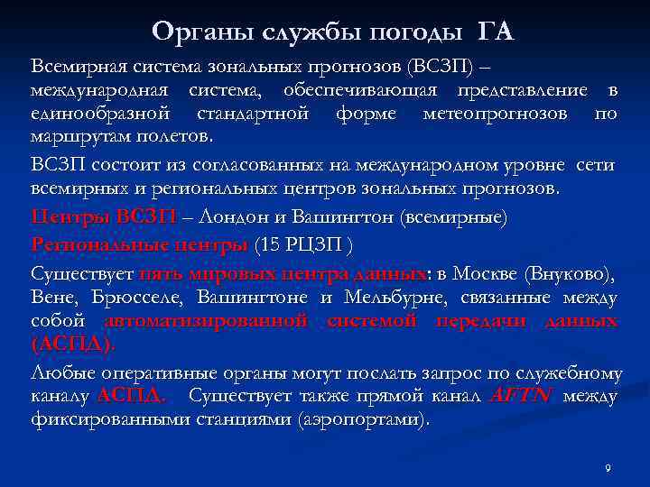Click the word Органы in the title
[192, 32]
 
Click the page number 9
[608, 468]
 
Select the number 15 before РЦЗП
[270, 244]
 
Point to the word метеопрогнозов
[495, 115]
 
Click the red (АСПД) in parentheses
[72, 346]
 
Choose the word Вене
[51, 298]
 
